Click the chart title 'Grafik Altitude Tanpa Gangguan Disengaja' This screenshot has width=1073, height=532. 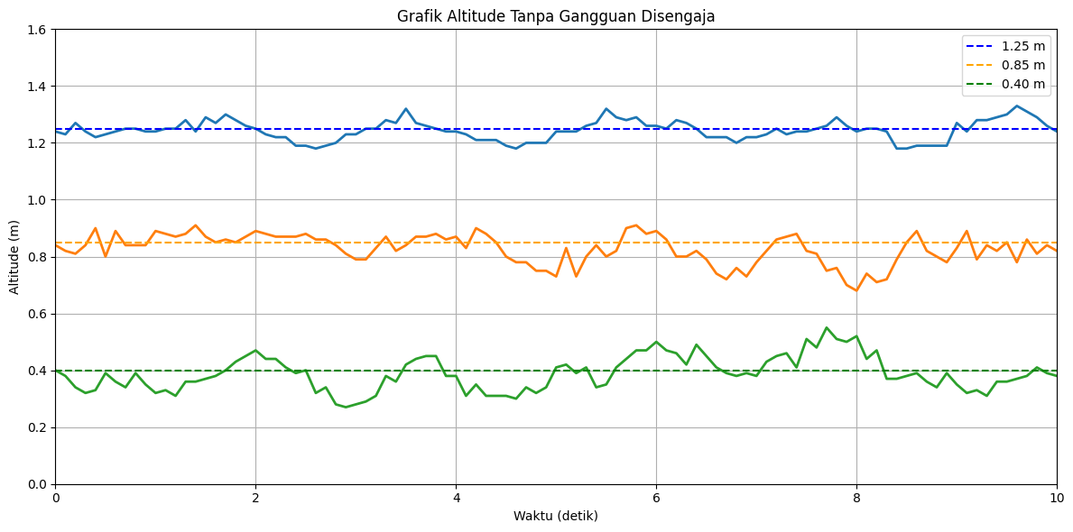[x=556, y=16]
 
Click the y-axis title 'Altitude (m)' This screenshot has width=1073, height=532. [x=14, y=257]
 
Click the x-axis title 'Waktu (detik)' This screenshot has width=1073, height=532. [x=556, y=516]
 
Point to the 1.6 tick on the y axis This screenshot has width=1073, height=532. [x=39, y=30]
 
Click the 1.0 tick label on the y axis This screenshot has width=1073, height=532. [x=39, y=200]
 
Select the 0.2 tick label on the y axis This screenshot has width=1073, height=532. [x=39, y=427]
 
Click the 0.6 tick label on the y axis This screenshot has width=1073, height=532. [x=39, y=314]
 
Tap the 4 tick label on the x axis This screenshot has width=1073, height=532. [x=456, y=498]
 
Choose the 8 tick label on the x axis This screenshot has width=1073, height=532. [x=856, y=498]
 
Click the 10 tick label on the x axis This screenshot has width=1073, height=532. [x=1057, y=498]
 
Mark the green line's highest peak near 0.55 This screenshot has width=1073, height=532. [x=827, y=327]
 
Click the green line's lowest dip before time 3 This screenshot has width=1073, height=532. [x=346, y=408]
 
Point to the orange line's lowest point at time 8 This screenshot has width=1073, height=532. [x=856, y=290]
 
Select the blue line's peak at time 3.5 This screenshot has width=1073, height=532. [x=406, y=109]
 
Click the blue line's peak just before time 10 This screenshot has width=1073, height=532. [x=1017, y=106]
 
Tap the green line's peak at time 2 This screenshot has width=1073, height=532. [x=255, y=351]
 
